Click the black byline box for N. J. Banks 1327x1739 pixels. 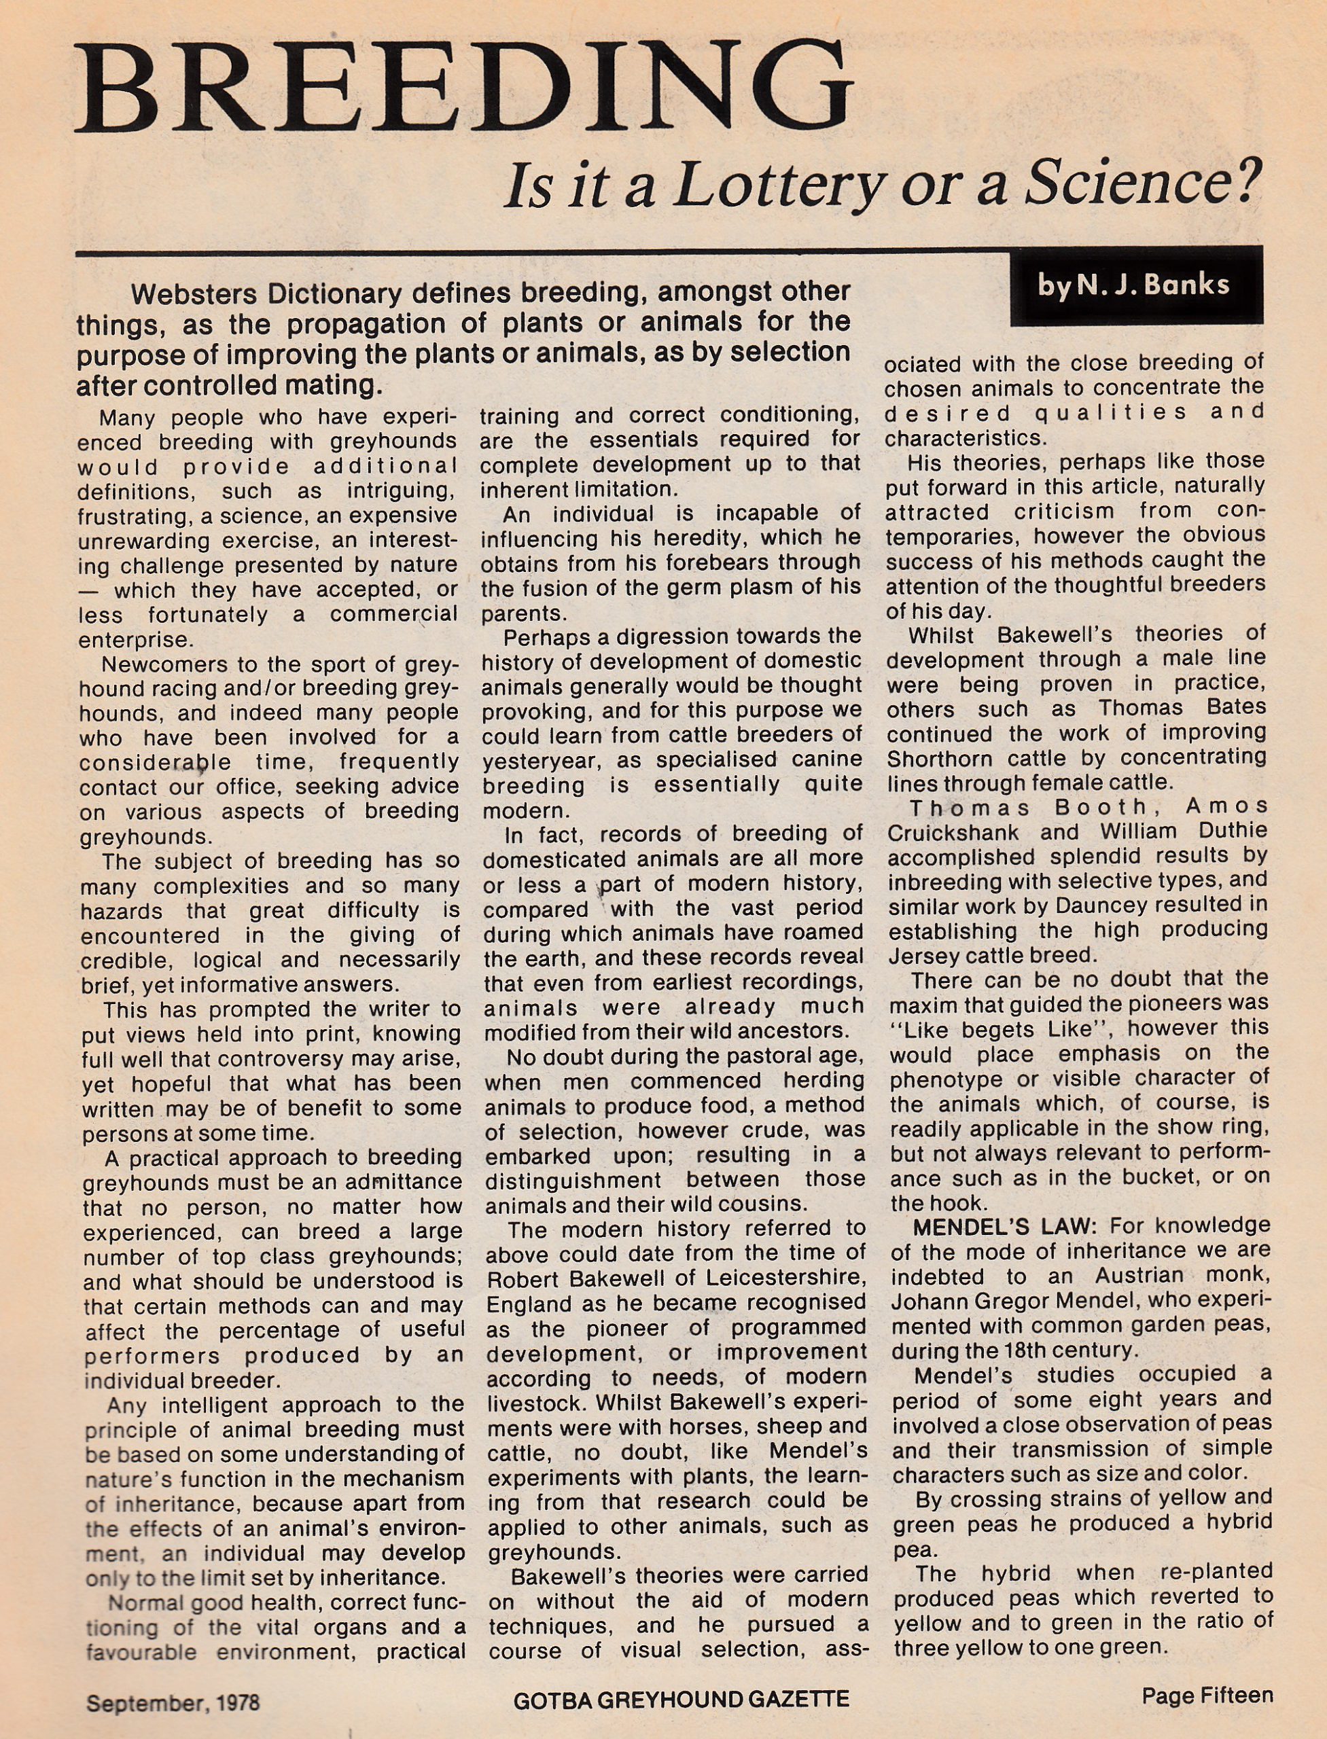point(1135,285)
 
